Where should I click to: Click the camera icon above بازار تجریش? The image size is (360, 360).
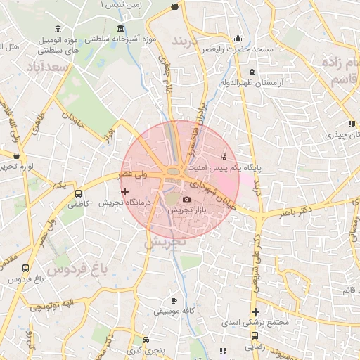186,199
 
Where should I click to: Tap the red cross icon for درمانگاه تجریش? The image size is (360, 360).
125,191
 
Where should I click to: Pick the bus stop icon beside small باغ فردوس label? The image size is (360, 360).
26,268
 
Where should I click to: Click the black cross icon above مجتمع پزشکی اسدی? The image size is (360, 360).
255,311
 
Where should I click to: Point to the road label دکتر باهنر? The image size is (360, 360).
295,211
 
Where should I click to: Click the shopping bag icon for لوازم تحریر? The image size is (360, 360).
17,155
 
